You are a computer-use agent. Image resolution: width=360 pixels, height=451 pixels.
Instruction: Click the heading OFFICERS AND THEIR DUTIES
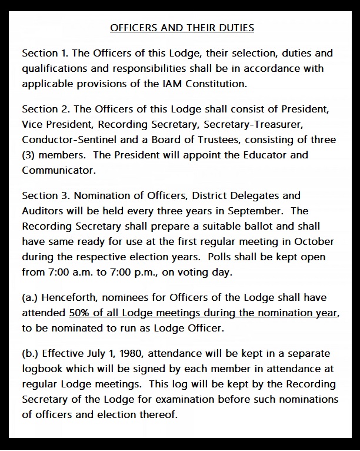[182, 28]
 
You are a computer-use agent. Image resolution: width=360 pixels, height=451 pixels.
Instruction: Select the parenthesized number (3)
[30, 155]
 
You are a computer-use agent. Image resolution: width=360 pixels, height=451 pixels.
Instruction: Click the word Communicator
[57, 171]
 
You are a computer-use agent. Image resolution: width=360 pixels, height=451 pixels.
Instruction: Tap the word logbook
[45, 369]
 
